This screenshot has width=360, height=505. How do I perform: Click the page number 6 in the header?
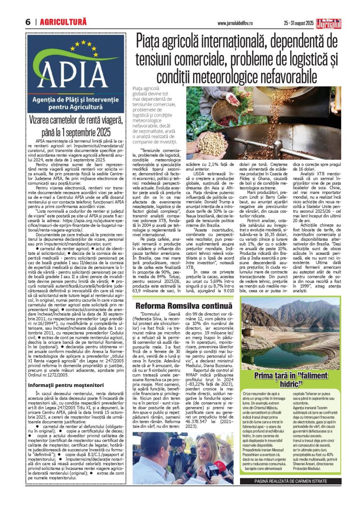[28, 22]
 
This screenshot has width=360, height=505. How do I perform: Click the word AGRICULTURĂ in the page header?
[63, 22]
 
